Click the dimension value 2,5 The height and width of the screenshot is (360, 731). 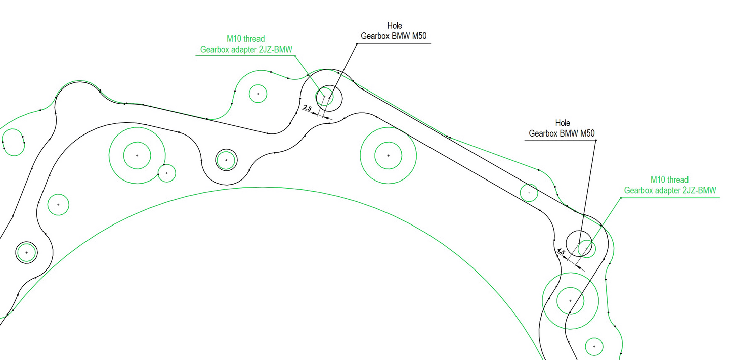[308, 108]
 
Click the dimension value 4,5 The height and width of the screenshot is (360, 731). [561, 252]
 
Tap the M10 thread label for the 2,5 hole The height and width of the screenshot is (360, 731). [245, 39]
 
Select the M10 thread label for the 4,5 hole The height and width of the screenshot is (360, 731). [669, 180]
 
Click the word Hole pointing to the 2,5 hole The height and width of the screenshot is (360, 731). [394, 26]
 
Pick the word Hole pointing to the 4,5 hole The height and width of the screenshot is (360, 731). [563, 123]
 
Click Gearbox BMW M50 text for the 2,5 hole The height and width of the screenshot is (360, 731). [395, 36]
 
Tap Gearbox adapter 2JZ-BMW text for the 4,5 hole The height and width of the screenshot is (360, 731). [670, 190]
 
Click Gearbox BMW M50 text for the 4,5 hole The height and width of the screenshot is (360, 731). [562, 134]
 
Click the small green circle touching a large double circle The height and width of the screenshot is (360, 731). [166, 173]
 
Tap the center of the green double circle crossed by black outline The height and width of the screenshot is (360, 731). [570, 301]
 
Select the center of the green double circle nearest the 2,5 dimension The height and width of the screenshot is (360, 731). [388, 155]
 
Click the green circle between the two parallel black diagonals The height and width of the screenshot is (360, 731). [529, 193]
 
